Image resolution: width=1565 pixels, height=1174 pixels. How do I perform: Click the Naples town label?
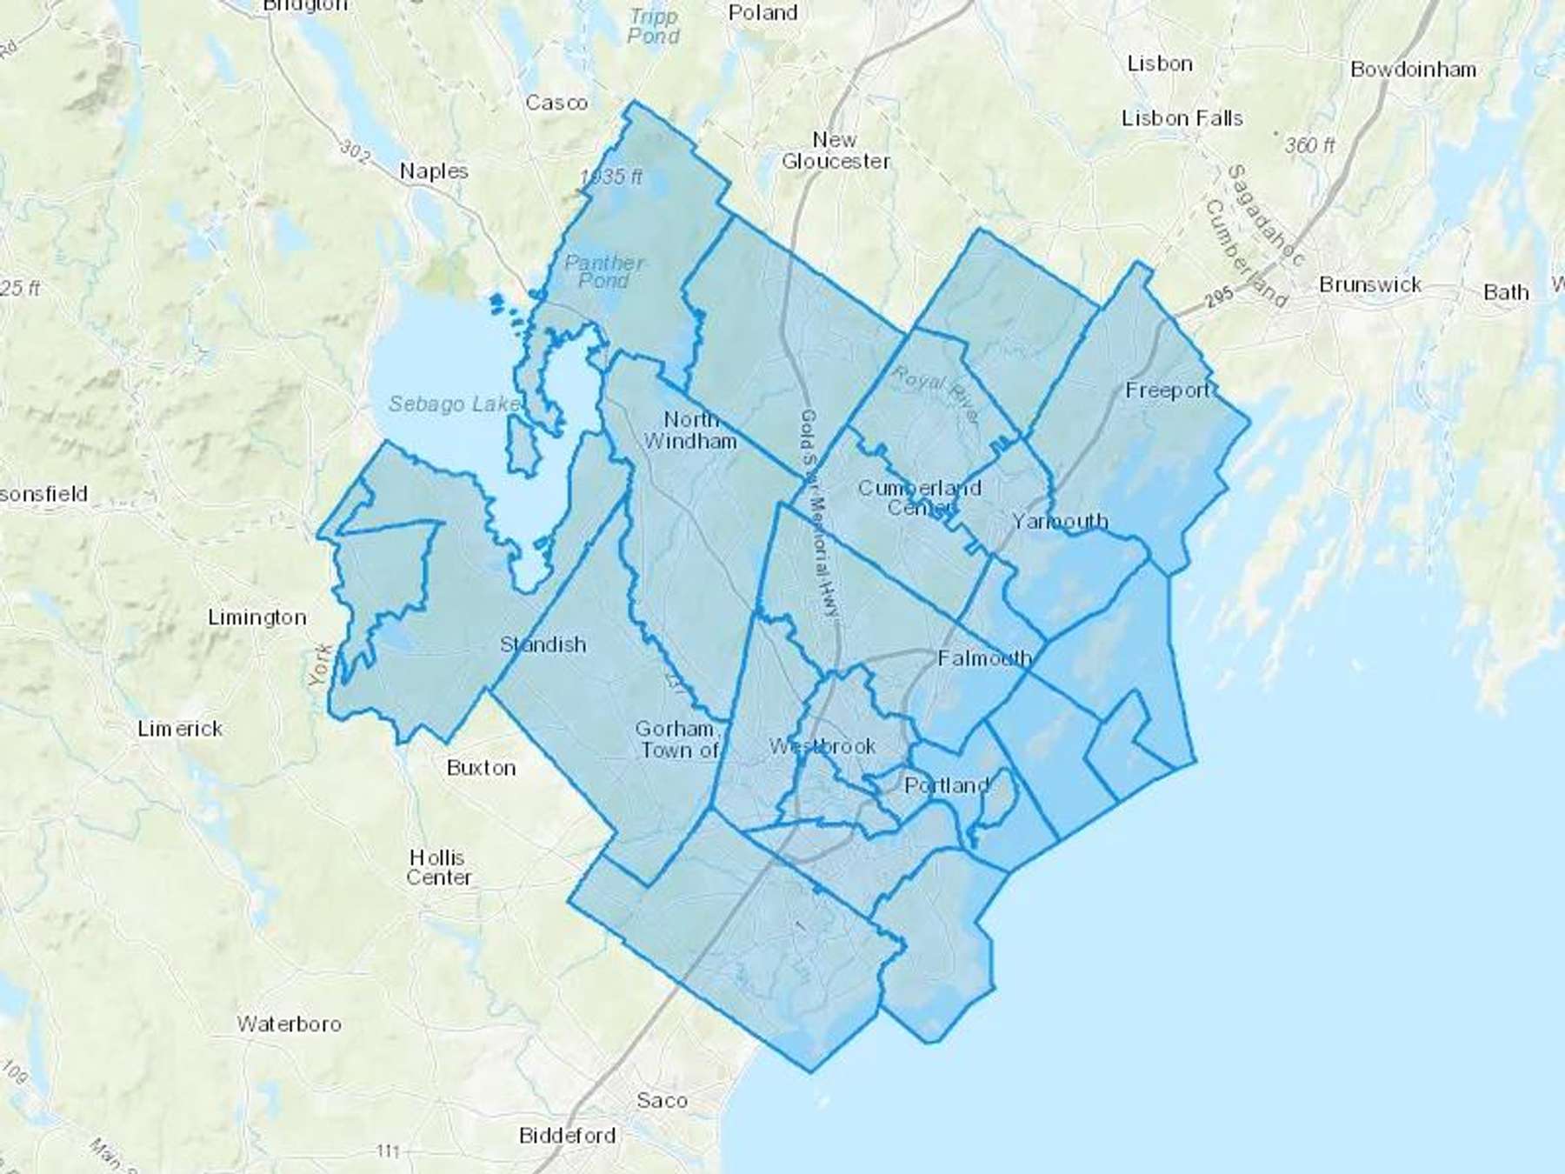coord(434,171)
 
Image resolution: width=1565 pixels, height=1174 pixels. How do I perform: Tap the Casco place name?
coord(556,103)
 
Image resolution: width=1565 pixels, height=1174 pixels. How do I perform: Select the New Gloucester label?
coord(836,150)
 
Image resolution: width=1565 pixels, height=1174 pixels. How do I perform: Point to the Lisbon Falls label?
coord(1182,118)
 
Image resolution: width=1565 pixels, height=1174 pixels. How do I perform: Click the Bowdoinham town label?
coord(1413,70)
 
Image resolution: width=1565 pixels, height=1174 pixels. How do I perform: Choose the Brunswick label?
coord(1369,284)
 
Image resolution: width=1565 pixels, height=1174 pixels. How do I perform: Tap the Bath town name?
coord(1506,292)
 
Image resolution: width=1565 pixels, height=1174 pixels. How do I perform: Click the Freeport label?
coord(1168,390)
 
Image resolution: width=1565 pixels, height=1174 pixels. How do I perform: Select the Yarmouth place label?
coord(1060,521)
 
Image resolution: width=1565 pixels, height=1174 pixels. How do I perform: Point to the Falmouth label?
coord(984,658)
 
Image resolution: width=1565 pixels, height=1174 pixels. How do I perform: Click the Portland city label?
coord(946,786)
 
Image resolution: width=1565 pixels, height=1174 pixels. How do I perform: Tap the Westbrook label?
coord(822,746)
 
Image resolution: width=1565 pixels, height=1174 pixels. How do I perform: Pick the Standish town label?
coord(543,644)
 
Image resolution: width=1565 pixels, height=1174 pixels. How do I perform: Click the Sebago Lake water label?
coord(454,404)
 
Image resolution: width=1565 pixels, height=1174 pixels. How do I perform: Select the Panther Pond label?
coord(603,271)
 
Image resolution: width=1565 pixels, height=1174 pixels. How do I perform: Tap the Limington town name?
coord(256,617)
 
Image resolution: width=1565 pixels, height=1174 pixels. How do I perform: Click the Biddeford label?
coord(567,1136)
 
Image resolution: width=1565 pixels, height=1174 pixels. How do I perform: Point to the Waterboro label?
coord(289,1024)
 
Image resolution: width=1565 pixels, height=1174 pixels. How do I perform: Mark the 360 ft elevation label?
coord(1309,145)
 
